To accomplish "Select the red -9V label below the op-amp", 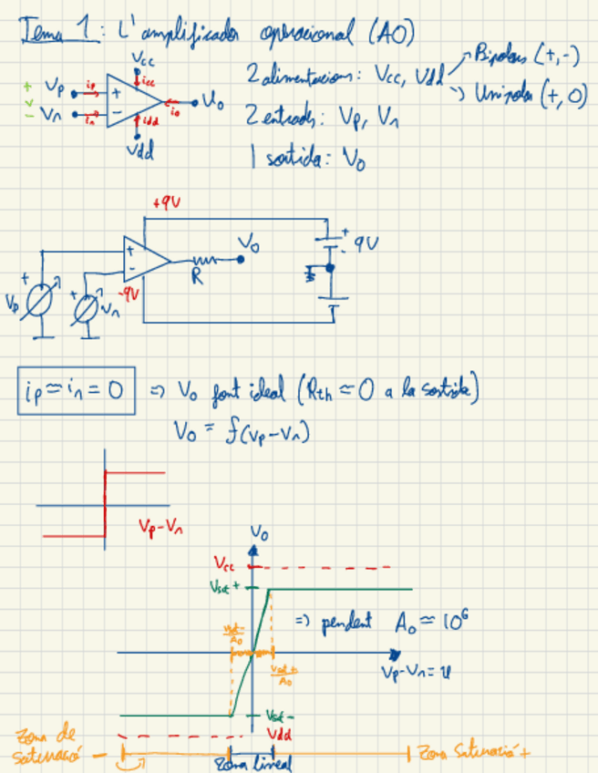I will tap(132, 293).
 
